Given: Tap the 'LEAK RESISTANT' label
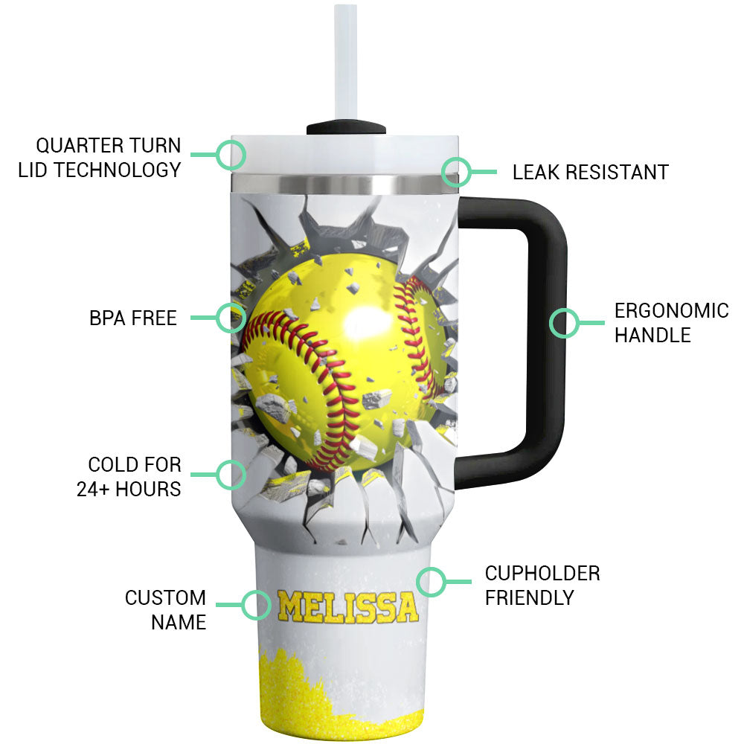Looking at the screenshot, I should (590, 173).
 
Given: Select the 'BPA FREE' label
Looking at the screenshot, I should (133, 318).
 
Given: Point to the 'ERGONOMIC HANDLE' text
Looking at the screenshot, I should (671, 322).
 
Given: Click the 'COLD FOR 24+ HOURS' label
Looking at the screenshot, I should (129, 477).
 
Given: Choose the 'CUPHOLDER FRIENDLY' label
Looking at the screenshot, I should (542, 585).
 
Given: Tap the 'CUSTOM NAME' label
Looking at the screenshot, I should (165, 609).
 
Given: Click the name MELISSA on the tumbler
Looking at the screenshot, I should (347, 606).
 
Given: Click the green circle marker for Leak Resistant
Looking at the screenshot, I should (457, 172).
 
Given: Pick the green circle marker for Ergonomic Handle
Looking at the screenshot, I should (564, 323).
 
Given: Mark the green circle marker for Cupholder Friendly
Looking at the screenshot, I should (431, 582).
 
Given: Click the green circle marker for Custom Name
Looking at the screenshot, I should (257, 605).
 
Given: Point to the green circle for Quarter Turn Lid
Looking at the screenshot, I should (231, 155).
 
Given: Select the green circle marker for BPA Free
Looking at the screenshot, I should (231, 318).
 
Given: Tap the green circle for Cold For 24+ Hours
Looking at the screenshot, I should (231, 473).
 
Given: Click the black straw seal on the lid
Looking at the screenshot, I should (347, 128).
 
